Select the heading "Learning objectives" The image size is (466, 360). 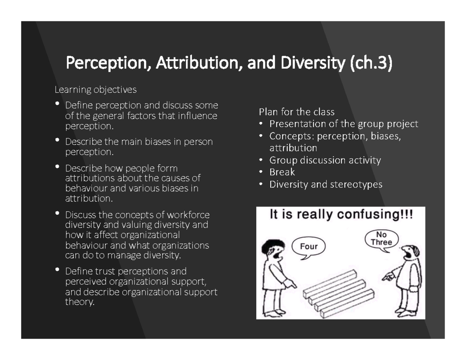tap(96, 90)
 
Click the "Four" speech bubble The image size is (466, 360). tap(309, 246)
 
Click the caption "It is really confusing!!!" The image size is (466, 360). tap(341, 215)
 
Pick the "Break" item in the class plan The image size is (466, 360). tap(282, 172)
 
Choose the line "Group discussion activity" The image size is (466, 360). tap(325, 160)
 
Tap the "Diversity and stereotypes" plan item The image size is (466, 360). tap(326, 184)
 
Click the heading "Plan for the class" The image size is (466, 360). tap(297, 112)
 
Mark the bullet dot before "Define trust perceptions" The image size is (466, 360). tap(58, 269)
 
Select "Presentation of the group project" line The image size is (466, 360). tap(344, 124)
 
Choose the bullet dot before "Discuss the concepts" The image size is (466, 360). tap(58, 213)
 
